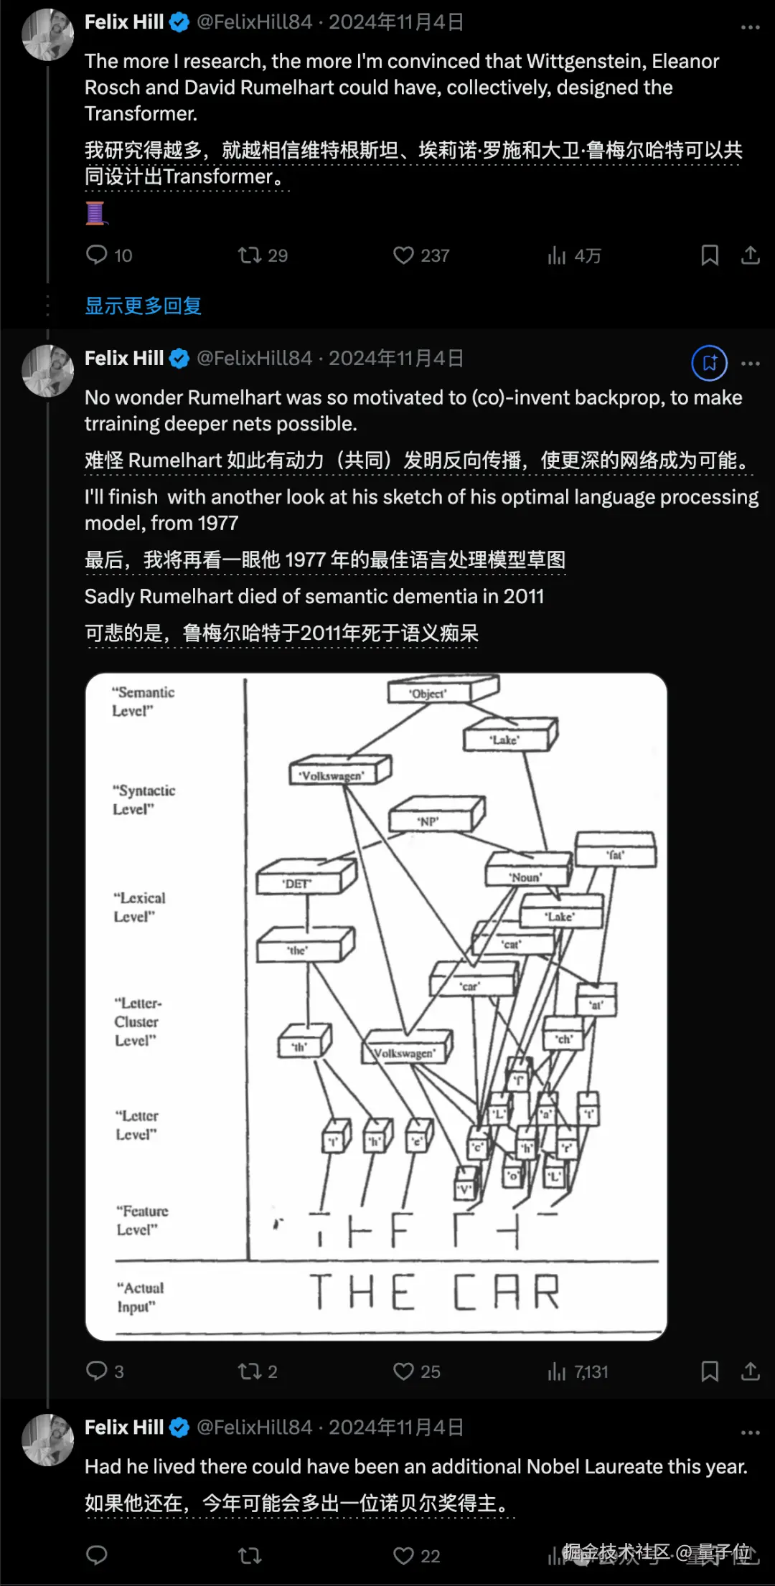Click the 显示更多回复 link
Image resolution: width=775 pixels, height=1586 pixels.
[143, 306]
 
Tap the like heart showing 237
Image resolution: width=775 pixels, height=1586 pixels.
[403, 255]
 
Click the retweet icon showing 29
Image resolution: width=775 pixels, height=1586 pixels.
[250, 255]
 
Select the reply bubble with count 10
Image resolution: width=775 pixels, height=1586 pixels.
[97, 255]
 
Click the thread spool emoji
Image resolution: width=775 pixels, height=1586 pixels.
[95, 213]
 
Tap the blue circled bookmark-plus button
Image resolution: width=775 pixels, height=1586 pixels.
[709, 363]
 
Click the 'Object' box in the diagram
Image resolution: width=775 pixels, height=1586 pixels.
[428, 693]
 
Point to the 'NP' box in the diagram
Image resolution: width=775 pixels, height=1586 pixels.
[429, 821]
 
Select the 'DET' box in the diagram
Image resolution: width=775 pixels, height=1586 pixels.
[297, 883]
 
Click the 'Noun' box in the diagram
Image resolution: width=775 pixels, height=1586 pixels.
[525, 876]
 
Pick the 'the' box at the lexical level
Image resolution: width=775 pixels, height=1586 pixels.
[297, 950]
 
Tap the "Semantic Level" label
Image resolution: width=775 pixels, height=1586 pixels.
[143, 701]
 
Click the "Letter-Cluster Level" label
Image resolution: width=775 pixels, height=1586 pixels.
[137, 1021]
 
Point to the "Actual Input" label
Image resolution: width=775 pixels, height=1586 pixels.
[140, 1297]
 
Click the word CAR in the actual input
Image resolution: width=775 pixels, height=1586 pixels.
[506, 1292]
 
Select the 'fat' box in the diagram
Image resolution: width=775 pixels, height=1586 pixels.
[616, 854]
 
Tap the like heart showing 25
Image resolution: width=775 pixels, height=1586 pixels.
[403, 1372]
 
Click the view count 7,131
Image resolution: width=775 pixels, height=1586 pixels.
[590, 1372]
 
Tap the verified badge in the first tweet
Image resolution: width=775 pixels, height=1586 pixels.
[179, 22]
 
